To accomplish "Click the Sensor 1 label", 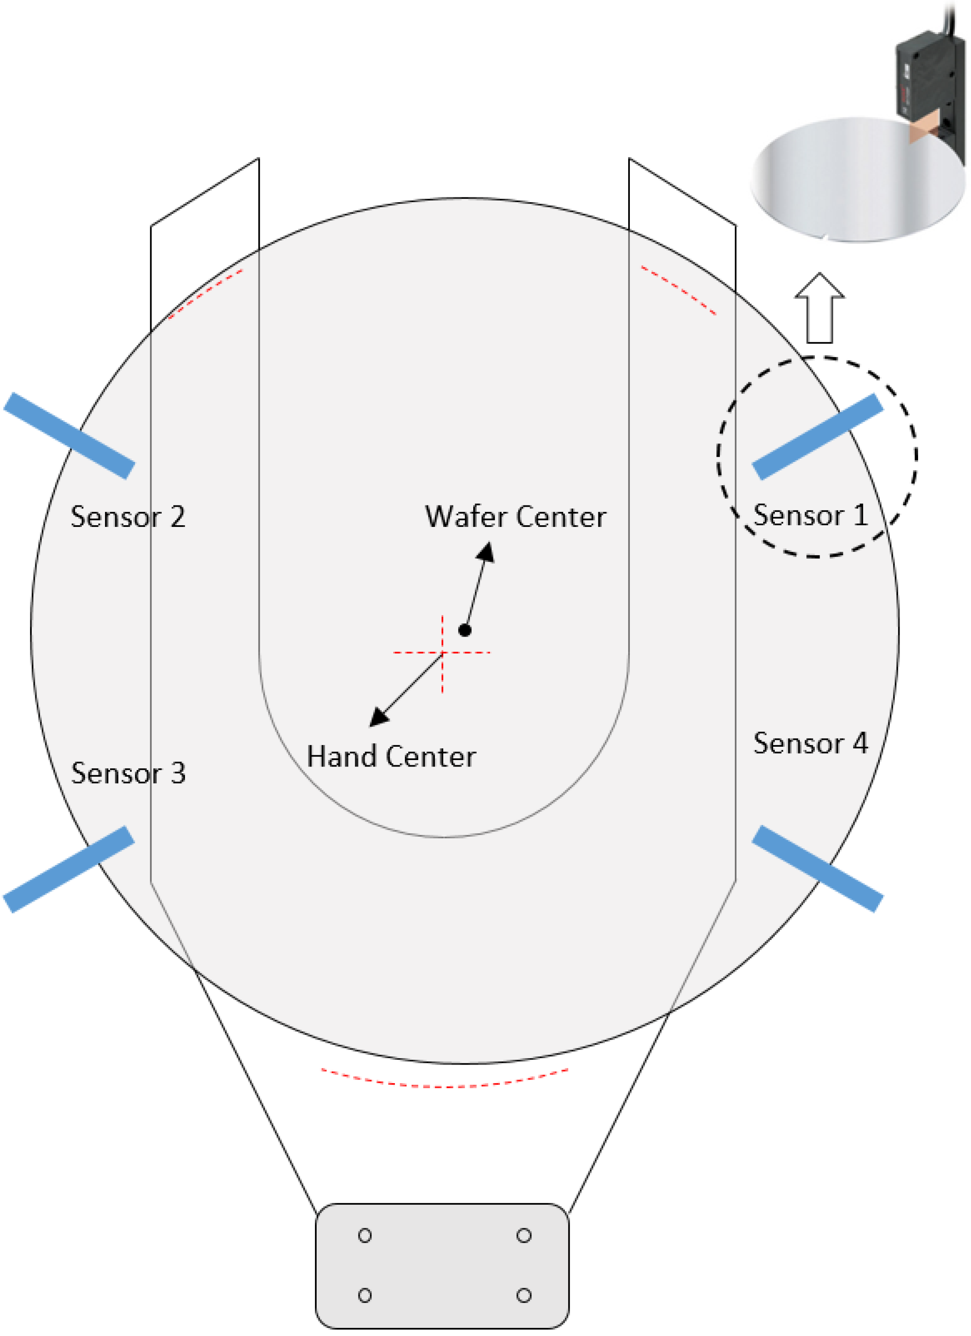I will tap(810, 515).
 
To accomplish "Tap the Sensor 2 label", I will tap(128, 517).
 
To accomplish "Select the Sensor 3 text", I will tap(128, 773).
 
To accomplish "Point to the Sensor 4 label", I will tap(810, 743).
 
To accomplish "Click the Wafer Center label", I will tap(515, 517).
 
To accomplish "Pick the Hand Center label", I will tap(391, 756).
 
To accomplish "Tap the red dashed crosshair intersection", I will tap(443, 653).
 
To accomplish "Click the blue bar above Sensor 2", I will tap(70, 435).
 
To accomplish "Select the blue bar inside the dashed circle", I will tap(818, 437).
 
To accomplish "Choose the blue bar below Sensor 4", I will tap(818, 868).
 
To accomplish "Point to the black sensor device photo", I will tap(929, 83).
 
